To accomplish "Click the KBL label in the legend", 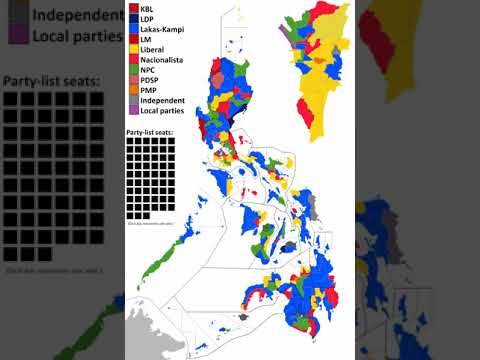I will point(147,8).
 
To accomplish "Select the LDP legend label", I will point(147,19).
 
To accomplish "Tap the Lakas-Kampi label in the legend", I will point(161,30).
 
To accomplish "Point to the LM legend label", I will point(146,41).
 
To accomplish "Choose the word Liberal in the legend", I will point(153,52).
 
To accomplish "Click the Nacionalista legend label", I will point(162,63).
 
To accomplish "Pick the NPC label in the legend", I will point(148,74).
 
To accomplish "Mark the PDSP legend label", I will point(150,85).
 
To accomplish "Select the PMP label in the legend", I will point(148,96).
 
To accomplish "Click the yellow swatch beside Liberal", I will point(133,52).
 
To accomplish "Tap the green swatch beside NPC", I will point(133,74).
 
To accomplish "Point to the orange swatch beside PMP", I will point(133,96).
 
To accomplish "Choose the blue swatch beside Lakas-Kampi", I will point(133,30).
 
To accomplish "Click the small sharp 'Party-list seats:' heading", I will point(150,132).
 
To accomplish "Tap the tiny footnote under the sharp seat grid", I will point(150,223).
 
